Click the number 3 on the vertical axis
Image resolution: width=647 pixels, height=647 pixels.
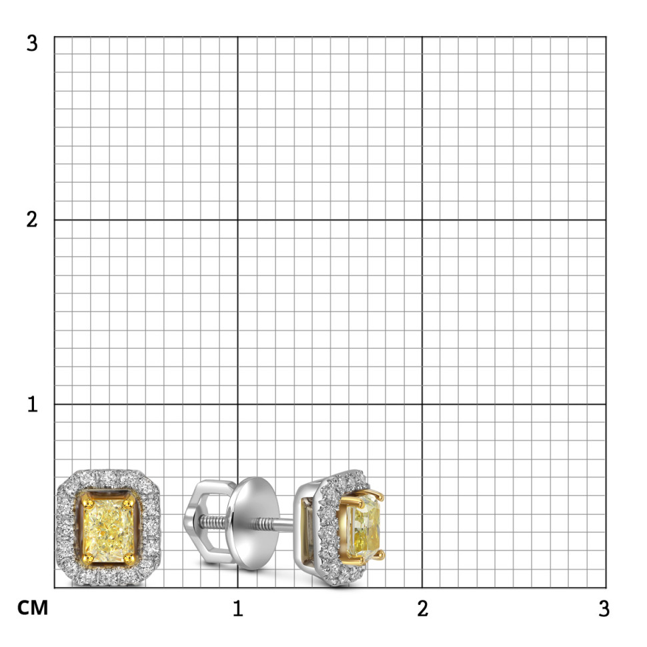point(32,43)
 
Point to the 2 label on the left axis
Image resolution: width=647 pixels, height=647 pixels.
point(32,219)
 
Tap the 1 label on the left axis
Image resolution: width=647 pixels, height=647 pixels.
point(33,404)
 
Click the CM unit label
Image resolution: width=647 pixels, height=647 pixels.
point(33,608)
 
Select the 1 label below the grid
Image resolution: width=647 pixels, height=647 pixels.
point(237,608)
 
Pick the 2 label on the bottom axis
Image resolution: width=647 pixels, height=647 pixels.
point(422,608)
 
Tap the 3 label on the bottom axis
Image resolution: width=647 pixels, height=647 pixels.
point(604,608)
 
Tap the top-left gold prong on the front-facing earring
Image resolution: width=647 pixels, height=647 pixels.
point(87,503)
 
